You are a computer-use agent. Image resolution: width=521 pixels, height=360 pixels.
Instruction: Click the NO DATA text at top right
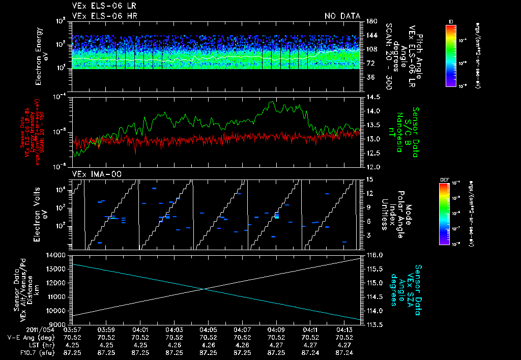pyautogui.click(x=342, y=16)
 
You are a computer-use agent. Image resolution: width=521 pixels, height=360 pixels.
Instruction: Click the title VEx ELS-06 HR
pyautogui.click(x=104, y=16)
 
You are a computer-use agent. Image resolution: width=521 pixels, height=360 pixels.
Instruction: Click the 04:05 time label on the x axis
pyautogui.click(x=208, y=329)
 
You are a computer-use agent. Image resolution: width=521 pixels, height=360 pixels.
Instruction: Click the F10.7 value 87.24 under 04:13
pyautogui.click(x=344, y=352)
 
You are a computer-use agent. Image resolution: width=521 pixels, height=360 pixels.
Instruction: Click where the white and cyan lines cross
pyautogui.click(x=205, y=289)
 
